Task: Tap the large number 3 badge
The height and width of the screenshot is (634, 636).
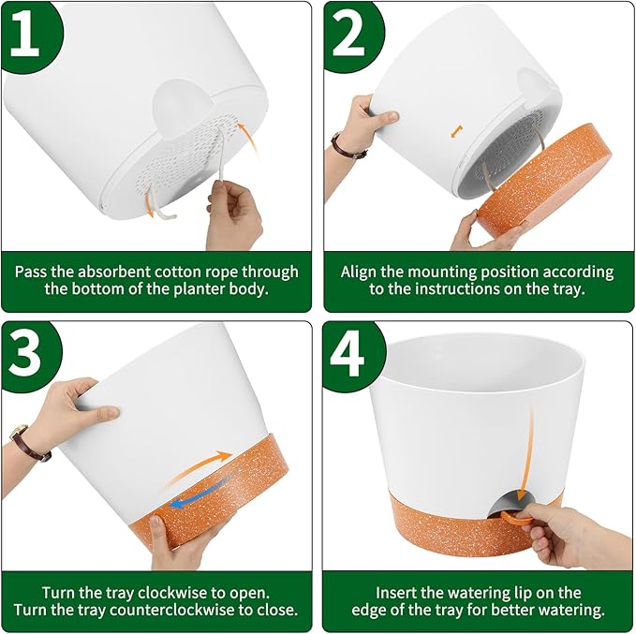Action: click(28, 353)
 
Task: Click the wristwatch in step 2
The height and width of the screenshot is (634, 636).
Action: click(348, 146)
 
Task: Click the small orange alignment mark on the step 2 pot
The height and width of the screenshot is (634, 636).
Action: click(457, 131)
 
